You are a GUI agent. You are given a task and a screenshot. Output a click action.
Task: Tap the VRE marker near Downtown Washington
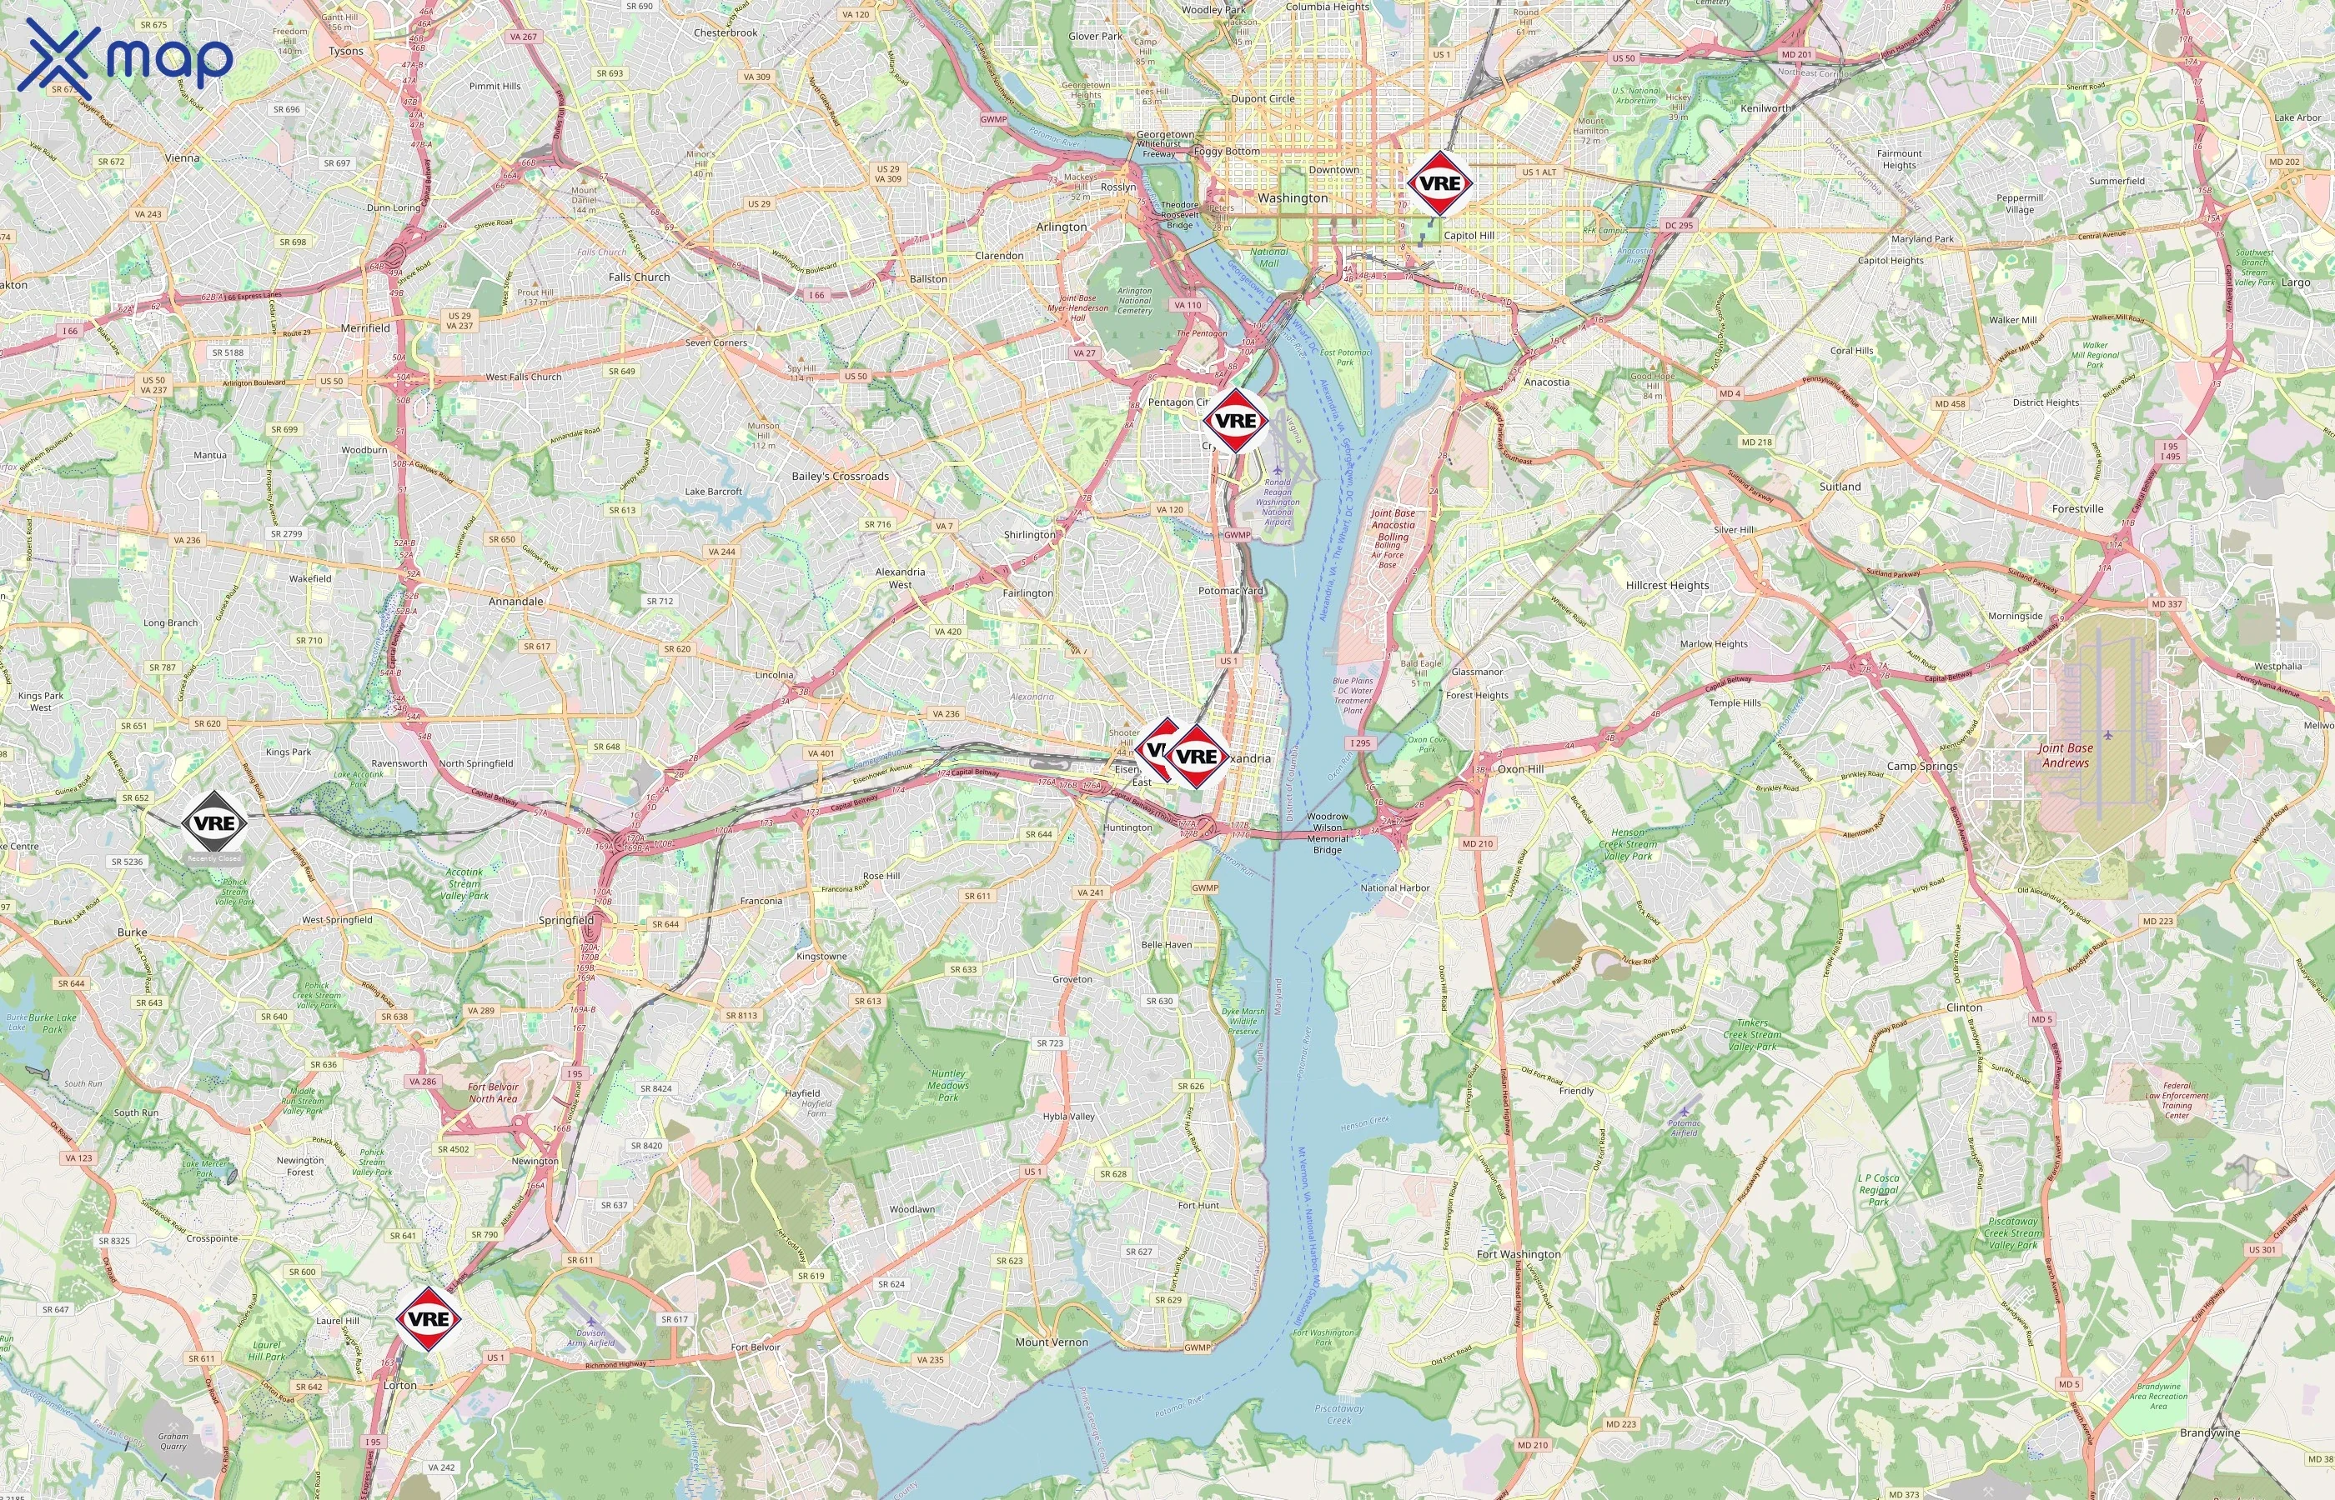pos(1439,183)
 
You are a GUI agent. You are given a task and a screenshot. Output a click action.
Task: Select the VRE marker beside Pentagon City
pos(1235,421)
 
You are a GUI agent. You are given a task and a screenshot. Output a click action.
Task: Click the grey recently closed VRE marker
pos(214,823)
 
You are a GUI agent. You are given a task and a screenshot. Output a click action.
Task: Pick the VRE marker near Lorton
pos(428,1319)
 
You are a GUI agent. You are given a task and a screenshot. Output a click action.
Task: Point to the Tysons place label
pos(346,51)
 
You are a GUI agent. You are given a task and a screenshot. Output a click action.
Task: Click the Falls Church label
pos(640,277)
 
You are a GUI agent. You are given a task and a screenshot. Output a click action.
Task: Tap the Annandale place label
pos(515,601)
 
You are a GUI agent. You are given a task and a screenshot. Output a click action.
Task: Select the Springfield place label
pos(566,919)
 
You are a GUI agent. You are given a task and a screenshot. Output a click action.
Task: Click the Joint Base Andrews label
pos(2065,755)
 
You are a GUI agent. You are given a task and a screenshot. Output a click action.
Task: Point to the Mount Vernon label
pos(1052,1341)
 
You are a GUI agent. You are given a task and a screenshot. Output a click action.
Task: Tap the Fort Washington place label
pos(1519,1253)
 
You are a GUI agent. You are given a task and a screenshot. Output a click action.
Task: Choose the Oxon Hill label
pos(1520,768)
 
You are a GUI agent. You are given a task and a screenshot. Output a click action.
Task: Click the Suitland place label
pos(1840,486)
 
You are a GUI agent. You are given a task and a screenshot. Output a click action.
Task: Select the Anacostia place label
pos(1547,382)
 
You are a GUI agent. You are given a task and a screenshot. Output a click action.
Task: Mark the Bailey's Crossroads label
pos(840,477)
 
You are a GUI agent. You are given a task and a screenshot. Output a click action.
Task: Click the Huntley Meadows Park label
pos(948,1085)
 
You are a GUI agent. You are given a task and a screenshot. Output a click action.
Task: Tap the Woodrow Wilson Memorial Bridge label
pos(1328,832)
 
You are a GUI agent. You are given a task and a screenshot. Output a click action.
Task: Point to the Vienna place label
pos(183,157)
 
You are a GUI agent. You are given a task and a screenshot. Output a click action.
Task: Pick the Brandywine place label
pos(2210,1432)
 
